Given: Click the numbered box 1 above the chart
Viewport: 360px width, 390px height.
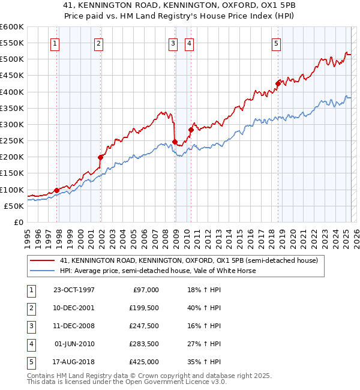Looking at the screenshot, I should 55,43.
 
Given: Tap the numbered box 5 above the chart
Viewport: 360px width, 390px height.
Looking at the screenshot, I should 276,43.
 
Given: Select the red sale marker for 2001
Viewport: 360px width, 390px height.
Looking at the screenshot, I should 100,157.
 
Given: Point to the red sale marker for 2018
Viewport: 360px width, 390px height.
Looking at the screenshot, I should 278,83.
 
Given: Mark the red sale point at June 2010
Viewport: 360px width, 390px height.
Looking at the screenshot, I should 191,130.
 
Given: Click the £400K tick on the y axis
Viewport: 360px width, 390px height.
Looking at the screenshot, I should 12,92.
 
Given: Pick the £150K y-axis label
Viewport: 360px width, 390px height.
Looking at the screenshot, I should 12,173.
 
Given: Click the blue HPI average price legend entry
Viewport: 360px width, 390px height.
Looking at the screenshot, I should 157,271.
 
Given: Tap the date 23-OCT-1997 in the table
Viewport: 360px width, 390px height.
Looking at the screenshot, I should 74,290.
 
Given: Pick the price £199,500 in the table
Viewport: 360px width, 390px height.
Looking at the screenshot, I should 144,308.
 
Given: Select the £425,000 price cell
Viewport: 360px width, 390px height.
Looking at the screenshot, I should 144,362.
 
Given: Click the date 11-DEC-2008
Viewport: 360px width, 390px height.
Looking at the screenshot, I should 74,326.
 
